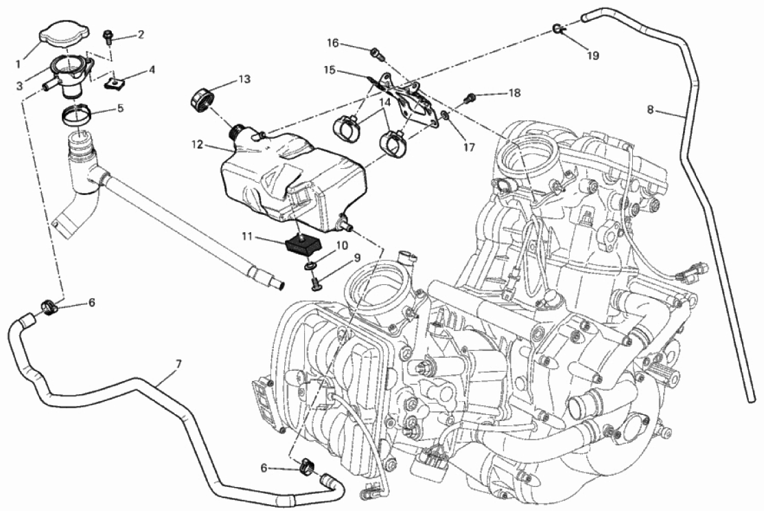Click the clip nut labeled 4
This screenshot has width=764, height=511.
click(x=115, y=83)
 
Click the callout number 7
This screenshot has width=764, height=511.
click(x=178, y=361)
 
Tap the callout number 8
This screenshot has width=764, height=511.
click(x=651, y=109)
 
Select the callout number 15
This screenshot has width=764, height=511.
click(x=329, y=69)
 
